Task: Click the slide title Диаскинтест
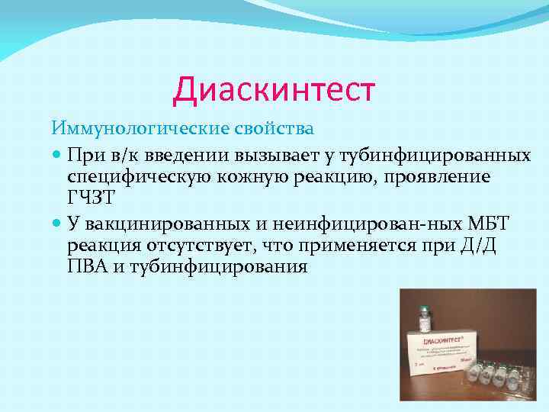click(x=274, y=89)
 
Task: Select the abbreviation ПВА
click(x=88, y=268)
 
